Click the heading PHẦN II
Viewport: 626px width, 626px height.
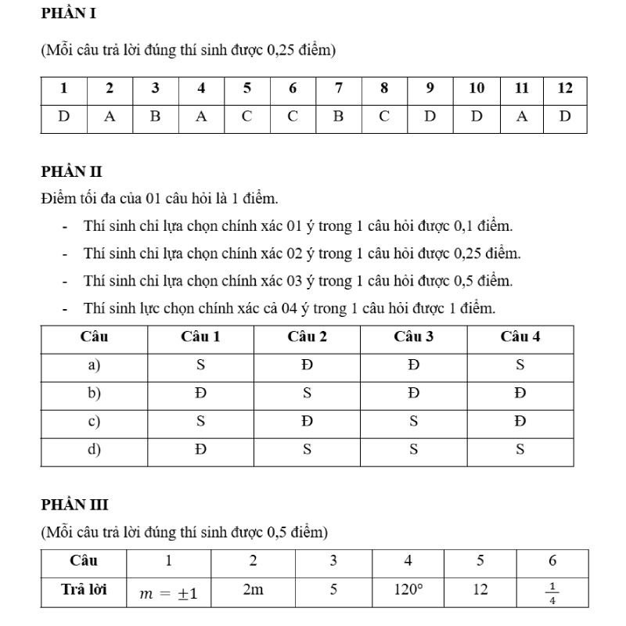(71, 171)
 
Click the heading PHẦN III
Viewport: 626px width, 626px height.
(74, 505)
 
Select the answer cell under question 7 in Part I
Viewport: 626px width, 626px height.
(338, 117)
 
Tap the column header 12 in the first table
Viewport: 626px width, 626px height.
(565, 88)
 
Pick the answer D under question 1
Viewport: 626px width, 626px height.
(63, 117)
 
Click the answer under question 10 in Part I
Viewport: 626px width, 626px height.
(476, 117)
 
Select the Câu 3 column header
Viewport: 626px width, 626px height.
(413, 337)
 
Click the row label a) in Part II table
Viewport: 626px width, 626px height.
(94, 365)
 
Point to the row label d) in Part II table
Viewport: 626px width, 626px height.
(94, 449)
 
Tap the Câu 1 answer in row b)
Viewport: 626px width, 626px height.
(200, 393)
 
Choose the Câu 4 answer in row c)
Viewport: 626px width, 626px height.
(520, 421)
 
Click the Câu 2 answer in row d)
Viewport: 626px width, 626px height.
(307, 449)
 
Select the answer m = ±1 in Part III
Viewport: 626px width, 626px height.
(168, 593)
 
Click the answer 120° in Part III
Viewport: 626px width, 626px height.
(407, 589)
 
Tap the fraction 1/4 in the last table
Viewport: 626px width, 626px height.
(552, 592)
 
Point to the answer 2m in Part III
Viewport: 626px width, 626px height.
(253, 589)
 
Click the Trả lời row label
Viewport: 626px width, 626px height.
(84, 589)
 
